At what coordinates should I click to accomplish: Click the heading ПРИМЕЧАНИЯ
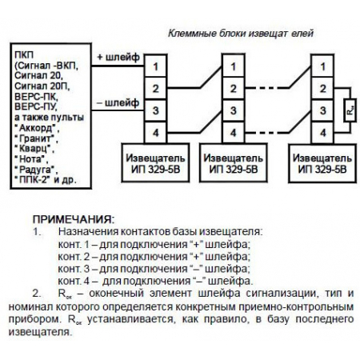click(73, 218)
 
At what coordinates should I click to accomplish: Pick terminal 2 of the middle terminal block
click(233, 86)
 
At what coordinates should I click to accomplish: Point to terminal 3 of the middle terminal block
click(233, 109)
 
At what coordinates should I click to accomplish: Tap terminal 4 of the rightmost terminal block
click(320, 130)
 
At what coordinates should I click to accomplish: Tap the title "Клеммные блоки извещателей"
click(241, 34)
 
